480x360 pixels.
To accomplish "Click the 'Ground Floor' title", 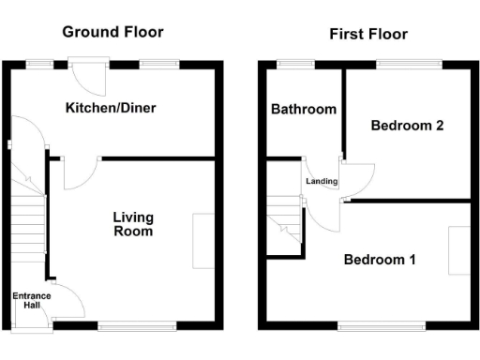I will click(x=112, y=32).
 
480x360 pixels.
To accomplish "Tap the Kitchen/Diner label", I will click(x=110, y=108).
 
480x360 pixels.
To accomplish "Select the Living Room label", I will click(x=132, y=224).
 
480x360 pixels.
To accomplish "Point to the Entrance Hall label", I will click(x=31, y=302).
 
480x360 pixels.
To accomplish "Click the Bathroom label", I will click(x=304, y=110).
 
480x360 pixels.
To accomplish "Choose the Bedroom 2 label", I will click(x=407, y=127).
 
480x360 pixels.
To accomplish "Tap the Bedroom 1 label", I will click(x=379, y=260).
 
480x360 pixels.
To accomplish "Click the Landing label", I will click(x=321, y=181).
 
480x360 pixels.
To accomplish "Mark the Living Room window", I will click(x=137, y=326).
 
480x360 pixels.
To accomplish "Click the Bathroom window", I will click(x=297, y=64).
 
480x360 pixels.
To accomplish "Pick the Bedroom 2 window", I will click(x=411, y=64).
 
